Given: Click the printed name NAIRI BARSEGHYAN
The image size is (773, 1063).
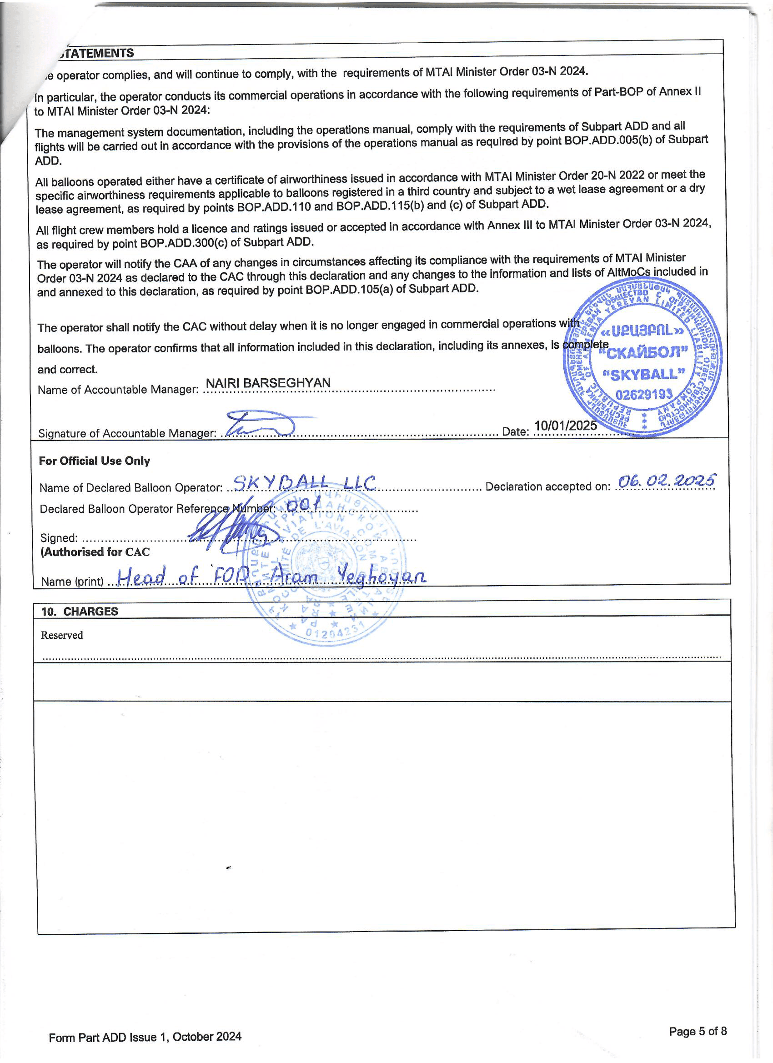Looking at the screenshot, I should pyautogui.click(x=268, y=383).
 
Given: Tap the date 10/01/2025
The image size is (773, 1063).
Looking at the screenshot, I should pyautogui.click(x=565, y=425).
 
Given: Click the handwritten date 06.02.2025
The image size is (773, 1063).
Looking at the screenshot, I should pyautogui.click(x=667, y=481).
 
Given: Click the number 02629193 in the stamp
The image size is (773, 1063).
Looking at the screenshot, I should pyautogui.click(x=643, y=395).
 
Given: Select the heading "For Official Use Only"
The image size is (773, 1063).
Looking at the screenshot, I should pyautogui.click(x=94, y=461).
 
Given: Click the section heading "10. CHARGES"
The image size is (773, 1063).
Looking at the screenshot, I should pyautogui.click(x=80, y=611).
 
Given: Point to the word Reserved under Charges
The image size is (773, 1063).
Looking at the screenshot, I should pyautogui.click(x=62, y=635).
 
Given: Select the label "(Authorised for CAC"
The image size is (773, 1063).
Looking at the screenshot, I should pyautogui.click(x=95, y=552).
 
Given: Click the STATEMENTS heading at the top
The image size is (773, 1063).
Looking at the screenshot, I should pyautogui.click(x=96, y=53).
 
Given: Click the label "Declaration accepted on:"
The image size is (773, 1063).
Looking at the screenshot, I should pyautogui.click(x=547, y=486).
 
